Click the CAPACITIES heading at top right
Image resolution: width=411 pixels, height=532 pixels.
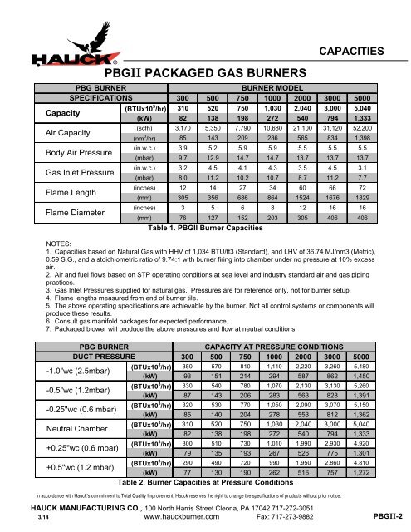tap(354, 51)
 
